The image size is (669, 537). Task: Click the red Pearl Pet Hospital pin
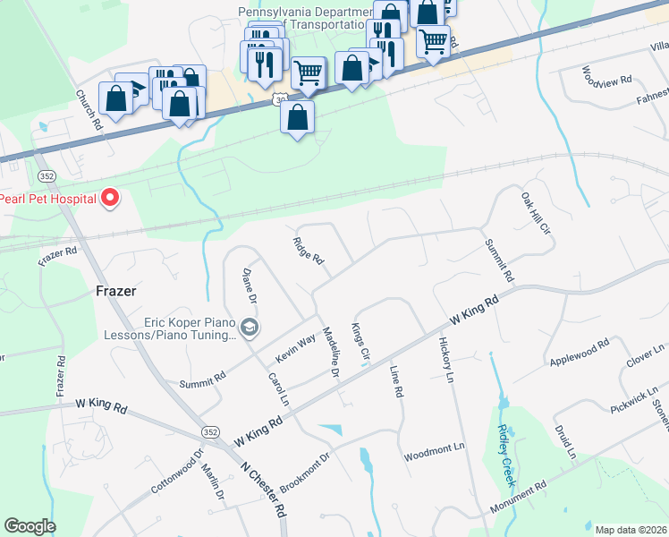point(110,197)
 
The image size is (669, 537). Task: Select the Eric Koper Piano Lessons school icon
point(250,327)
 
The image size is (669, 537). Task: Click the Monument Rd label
point(518,499)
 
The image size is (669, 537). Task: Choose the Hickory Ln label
point(446,360)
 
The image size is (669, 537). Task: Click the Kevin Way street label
point(295,348)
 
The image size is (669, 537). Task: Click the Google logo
point(30,526)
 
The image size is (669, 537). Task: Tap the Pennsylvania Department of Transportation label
point(305,19)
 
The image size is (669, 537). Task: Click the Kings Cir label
point(360,343)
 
